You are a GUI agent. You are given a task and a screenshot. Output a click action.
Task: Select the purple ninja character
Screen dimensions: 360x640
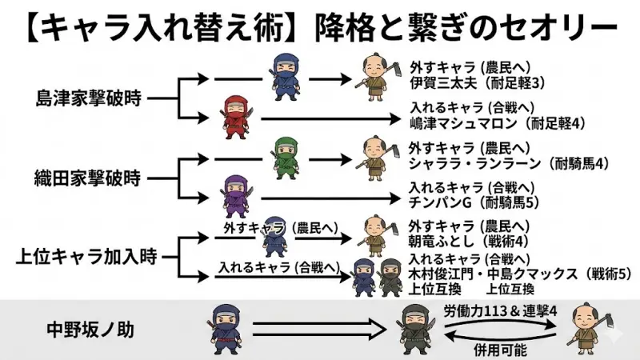235,195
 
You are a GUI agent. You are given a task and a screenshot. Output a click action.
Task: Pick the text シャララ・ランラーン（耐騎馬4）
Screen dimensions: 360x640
508,164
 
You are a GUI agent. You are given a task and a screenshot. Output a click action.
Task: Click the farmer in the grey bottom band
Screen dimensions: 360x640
585,329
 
